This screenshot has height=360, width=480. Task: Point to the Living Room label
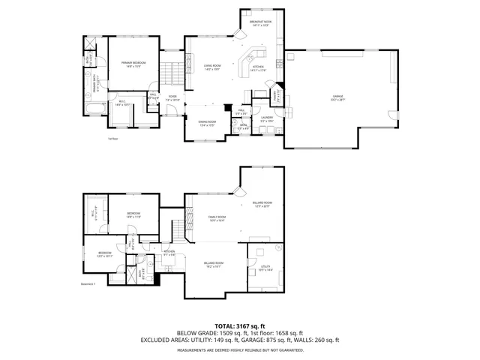tap(212, 67)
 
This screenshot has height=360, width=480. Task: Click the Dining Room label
tap(208, 124)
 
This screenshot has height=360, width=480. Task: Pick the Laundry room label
tap(266, 118)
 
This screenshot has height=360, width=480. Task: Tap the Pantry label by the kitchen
tap(275, 95)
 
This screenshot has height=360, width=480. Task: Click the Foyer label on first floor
tap(172, 98)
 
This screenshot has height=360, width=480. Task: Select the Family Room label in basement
tap(217, 218)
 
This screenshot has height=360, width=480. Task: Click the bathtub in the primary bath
tap(94, 112)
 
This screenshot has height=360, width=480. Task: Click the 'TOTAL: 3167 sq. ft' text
tap(239, 325)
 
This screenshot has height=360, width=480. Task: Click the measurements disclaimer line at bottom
tap(239, 349)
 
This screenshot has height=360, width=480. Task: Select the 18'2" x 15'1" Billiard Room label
tap(212, 265)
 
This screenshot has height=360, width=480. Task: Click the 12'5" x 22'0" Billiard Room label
tap(262, 204)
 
